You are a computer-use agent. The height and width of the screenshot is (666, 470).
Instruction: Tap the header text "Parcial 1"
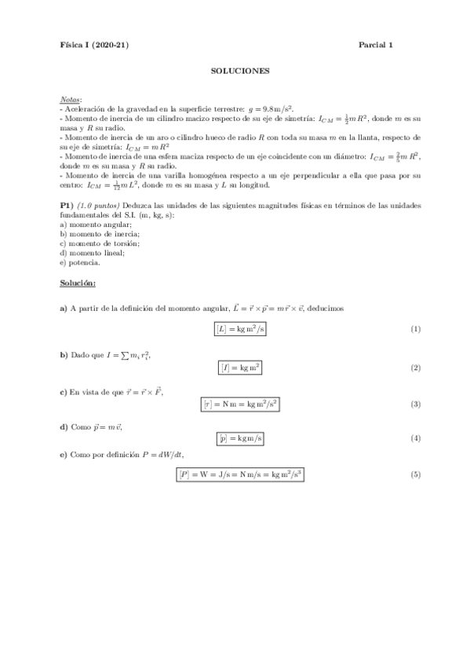(x=376, y=45)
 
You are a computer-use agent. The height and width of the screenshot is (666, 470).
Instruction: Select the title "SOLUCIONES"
(x=240, y=71)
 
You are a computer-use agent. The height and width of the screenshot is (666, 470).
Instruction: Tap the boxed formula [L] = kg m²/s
(x=240, y=328)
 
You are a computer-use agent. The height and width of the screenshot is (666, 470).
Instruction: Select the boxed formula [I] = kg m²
(x=240, y=367)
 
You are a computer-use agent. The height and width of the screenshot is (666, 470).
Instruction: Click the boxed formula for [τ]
(x=240, y=404)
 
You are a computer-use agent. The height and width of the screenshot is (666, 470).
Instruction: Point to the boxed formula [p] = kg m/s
(x=240, y=437)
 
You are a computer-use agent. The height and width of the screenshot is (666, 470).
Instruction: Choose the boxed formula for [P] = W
(x=240, y=475)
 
